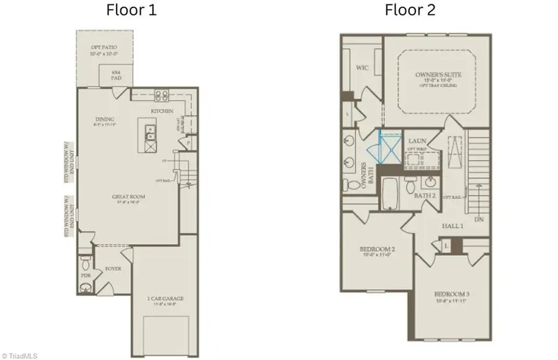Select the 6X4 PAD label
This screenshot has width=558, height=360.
(x=114, y=72)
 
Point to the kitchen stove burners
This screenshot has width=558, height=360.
(x=162, y=95)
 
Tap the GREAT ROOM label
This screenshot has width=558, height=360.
(x=125, y=198)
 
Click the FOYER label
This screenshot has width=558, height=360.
(x=113, y=269)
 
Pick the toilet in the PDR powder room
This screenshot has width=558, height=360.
(x=85, y=286)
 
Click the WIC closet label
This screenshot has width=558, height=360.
(x=363, y=68)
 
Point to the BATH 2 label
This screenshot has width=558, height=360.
(x=425, y=196)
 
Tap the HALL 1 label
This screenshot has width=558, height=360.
(x=453, y=227)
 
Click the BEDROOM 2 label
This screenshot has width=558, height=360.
(x=378, y=250)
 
